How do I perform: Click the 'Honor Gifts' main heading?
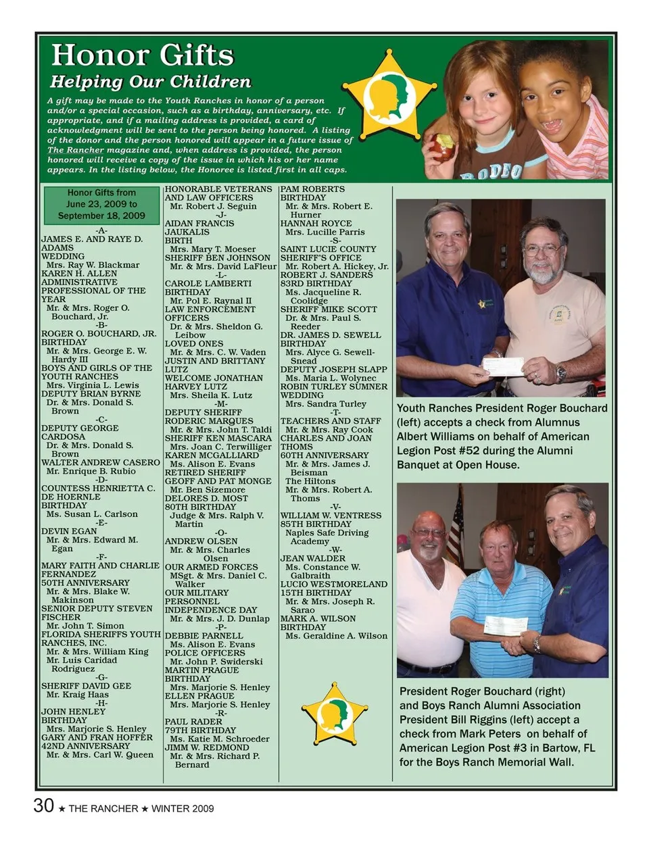pyautogui.click(x=142, y=55)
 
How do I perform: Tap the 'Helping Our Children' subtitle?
pyautogui.click(x=150, y=82)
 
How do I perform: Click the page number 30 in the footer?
pyautogui.click(x=43, y=806)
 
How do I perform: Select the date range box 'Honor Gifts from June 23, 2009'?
pyautogui.click(x=101, y=204)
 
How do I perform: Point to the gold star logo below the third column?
pyautogui.click(x=335, y=713)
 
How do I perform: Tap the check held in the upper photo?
pyautogui.click(x=504, y=367)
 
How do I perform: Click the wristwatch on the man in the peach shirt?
pyautogui.click(x=560, y=372)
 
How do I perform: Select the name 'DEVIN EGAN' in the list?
pyautogui.click(x=69, y=531)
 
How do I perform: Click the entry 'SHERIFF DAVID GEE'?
pyautogui.click(x=86, y=686)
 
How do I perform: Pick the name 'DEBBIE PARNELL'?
pyautogui.click(x=203, y=636)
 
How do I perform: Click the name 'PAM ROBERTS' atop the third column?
pyautogui.click(x=312, y=189)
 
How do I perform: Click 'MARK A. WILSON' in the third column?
pyautogui.click(x=318, y=618)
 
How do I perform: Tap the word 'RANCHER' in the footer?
pyautogui.click(x=114, y=809)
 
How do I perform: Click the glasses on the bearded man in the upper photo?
pyautogui.click(x=542, y=250)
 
